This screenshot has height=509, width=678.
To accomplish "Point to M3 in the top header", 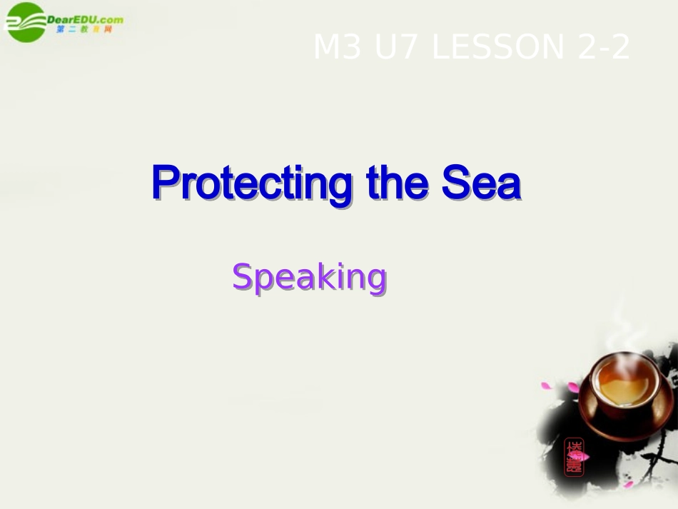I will click(x=335, y=48).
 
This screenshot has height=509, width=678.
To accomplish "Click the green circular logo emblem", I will click(x=24, y=21).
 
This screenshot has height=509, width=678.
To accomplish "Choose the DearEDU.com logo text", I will click(x=84, y=19).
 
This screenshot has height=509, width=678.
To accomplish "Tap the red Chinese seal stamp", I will click(x=573, y=456).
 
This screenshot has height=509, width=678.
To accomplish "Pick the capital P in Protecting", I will click(x=163, y=183).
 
